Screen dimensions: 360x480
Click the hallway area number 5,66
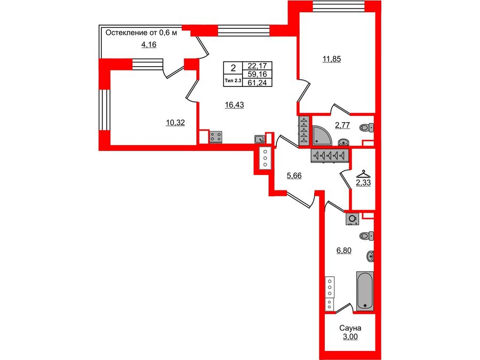pyautogui.click(x=294, y=175)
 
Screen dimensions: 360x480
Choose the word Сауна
pyautogui.click(x=350, y=328)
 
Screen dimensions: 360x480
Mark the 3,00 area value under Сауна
pyautogui.click(x=350, y=337)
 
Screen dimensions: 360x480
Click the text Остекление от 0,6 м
pyautogui.click(x=140, y=33)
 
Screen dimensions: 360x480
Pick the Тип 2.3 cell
pyautogui.click(x=233, y=81)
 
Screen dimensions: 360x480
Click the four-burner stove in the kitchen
pyautogui.click(x=216, y=137)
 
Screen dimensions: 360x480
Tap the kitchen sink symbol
pyautogui.click(x=260, y=139)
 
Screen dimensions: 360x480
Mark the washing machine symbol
pyautogui.click(x=352, y=218)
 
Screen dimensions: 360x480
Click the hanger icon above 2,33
pyautogui.click(x=363, y=173)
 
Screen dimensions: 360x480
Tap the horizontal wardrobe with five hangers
pyautogui.click(x=330, y=155)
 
